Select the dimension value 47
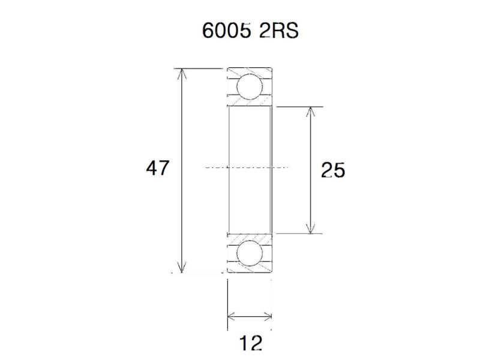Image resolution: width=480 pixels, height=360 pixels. point(158,169)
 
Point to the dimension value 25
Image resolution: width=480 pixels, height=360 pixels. point(333,171)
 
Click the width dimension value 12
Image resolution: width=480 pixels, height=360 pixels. point(251,344)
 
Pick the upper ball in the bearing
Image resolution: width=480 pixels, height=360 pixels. point(248,86)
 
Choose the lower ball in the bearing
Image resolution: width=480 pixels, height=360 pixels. point(248,254)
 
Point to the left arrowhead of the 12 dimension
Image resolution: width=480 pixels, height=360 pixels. point(232,316)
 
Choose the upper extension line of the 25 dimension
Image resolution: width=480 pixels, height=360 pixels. point(300,107)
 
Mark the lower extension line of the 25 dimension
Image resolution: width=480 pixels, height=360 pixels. point(300,233)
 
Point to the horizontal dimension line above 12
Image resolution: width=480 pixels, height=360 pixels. point(250,316)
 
